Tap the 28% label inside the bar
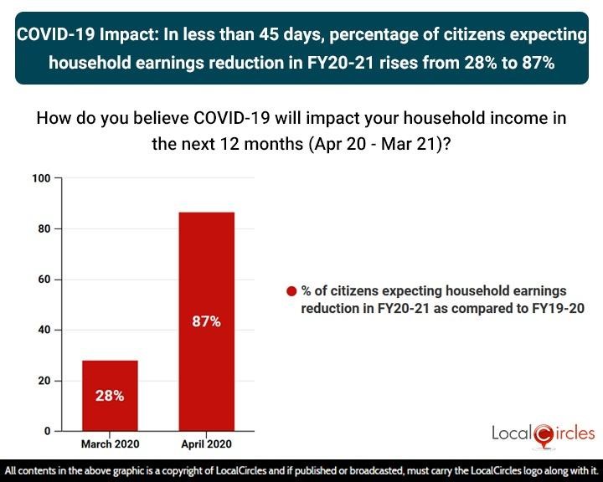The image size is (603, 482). click(x=109, y=396)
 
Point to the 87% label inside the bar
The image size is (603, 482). click(x=206, y=320)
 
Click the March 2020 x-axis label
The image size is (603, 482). click(x=109, y=444)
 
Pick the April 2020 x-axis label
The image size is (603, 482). click(x=206, y=444)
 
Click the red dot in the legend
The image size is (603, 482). click(x=291, y=292)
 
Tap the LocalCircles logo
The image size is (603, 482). click(x=544, y=433)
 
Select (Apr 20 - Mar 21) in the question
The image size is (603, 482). click(x=375, y=142)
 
